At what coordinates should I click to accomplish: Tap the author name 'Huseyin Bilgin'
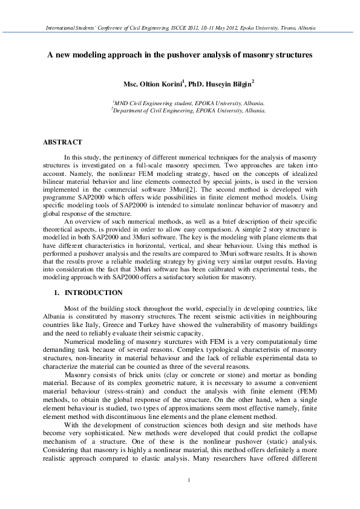point(230,83)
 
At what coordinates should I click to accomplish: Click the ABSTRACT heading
point(62,142)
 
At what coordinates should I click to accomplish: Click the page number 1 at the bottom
point(189,480)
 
